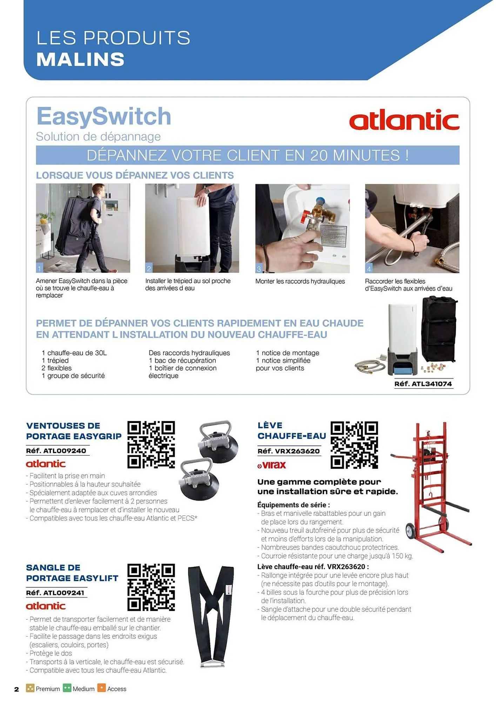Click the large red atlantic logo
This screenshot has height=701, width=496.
tap(404, 120)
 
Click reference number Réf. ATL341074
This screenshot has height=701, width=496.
tap(423, 384)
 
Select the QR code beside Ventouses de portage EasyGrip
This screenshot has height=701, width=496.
tap(151, 444)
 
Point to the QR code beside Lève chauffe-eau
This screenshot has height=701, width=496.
tap(354, 445)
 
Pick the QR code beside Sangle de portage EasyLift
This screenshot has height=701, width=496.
tap(151, 587)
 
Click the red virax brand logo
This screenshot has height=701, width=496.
tap(272, 465)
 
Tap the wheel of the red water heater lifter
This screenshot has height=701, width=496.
tap(411, 531)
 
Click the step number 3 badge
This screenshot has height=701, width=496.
tap(259, 269)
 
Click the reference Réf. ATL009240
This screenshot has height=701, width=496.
tap(56, 451)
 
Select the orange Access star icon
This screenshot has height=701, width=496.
tap(101, 688)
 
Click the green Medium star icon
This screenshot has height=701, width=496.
tap(67, 688)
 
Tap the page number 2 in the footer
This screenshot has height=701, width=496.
tap(16, 689)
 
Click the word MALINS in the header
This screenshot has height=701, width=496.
tap(80, 59)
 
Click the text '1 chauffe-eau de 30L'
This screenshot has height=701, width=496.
tap(74, 353)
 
